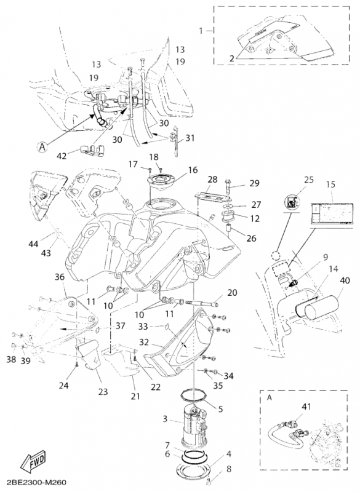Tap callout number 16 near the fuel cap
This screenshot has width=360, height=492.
(193, 169)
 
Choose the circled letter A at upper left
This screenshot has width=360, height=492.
(42, 147)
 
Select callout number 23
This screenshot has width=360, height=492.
(102, 392)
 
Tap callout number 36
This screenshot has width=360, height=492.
(60, 277)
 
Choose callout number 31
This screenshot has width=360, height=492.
(188, 138)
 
